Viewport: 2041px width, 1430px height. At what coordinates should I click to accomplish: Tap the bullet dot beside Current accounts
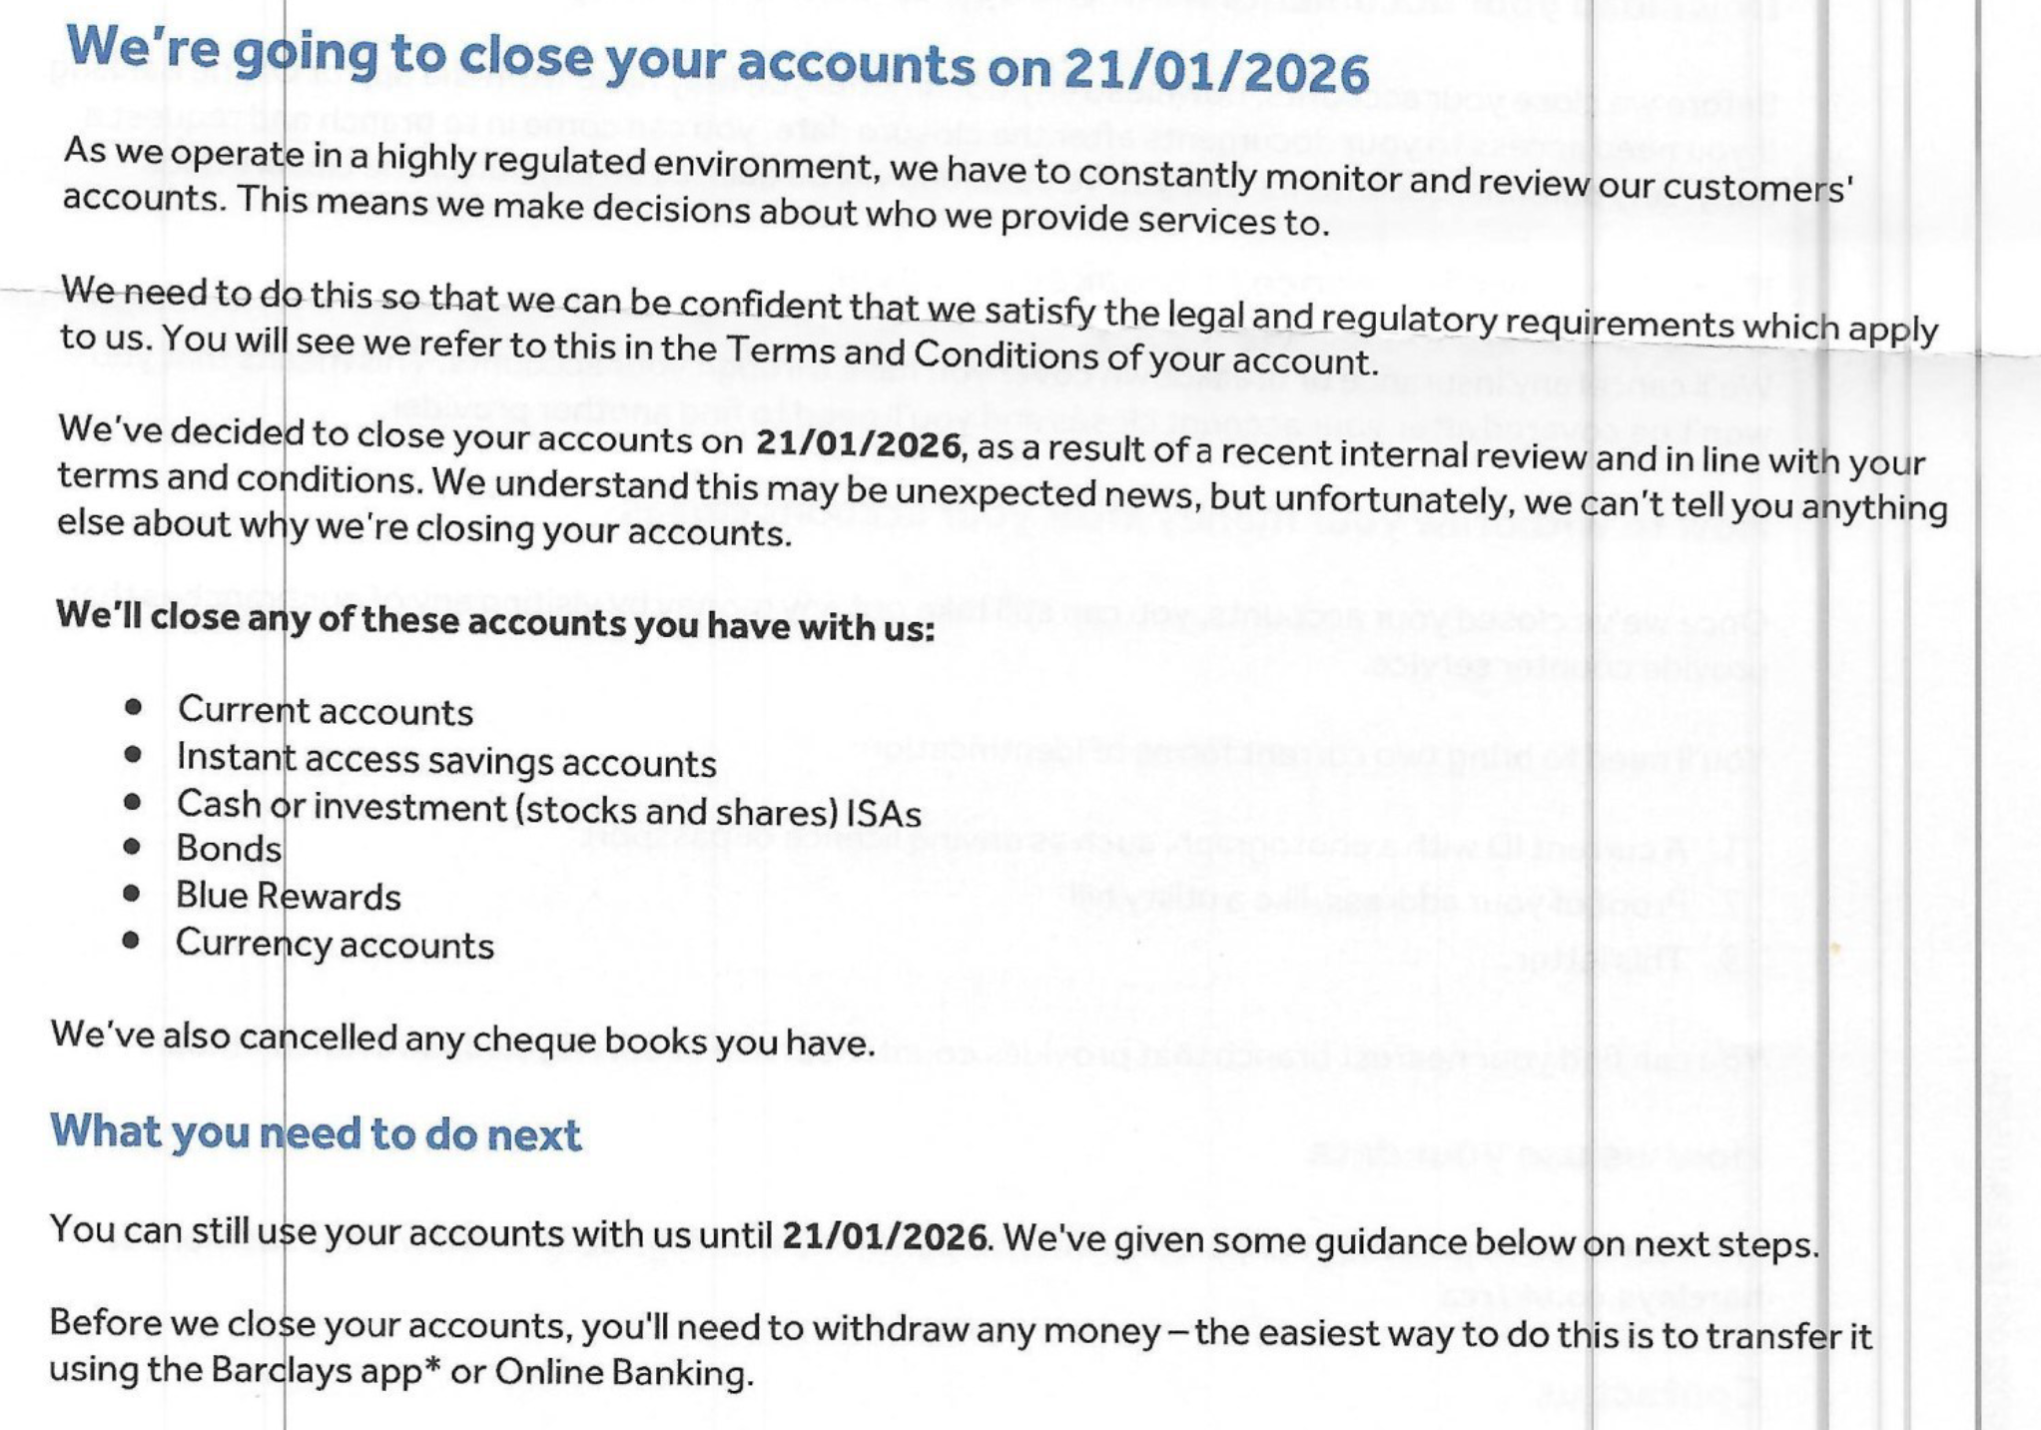[x=134, y=708]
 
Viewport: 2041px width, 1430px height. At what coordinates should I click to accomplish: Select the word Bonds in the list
[x=229, y=849]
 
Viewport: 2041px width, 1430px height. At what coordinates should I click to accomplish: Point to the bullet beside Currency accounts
[x=131, y=941]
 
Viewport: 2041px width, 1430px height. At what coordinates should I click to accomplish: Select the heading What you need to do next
[x=316, y=1133]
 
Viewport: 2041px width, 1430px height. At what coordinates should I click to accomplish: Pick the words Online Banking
[x=621, y=1373]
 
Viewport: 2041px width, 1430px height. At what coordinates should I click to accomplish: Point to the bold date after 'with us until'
[x=885, y=1237]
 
